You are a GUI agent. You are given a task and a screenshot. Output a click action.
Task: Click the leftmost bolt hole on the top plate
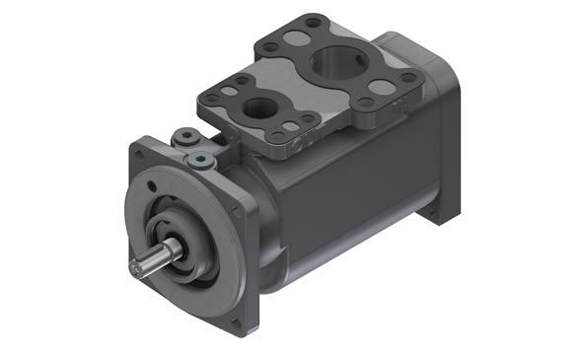coord(209,96)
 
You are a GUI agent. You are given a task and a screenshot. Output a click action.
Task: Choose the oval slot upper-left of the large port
coord(296,47)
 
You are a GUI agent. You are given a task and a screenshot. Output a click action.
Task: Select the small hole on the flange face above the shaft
coord(152,186)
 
